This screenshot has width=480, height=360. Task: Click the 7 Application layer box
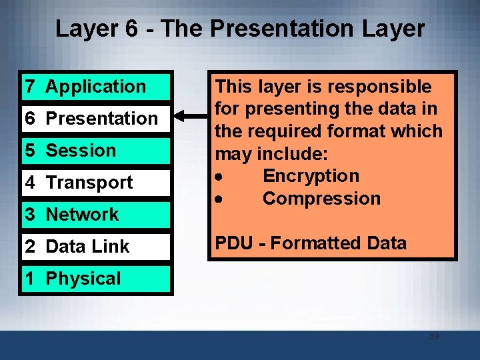(97, 87)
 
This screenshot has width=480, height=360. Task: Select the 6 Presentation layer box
(97, 119)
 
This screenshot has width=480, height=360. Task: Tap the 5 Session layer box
(97, 151)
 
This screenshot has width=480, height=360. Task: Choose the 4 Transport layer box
(97, 183)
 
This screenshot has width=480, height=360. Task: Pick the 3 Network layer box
(97, 215)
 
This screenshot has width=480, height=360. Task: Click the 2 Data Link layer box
(97, 247)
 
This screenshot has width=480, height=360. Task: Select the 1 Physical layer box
(97, 279)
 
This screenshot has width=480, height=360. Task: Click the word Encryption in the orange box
(311, 176)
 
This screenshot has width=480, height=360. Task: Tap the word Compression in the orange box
(321, 199)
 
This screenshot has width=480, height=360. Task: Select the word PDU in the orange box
(233, 243)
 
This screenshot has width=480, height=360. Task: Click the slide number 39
(433, 336)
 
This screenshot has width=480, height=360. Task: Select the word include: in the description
(292, 154)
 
